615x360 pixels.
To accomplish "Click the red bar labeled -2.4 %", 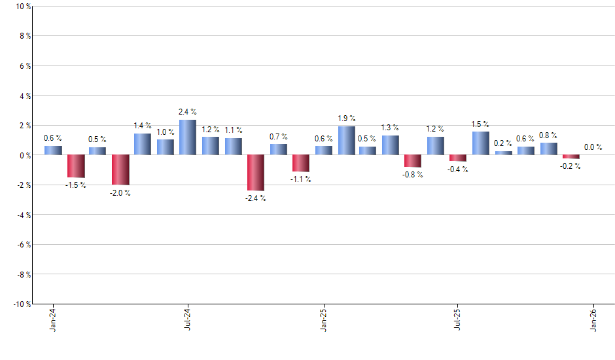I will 255,172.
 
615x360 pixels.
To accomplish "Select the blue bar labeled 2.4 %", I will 188,137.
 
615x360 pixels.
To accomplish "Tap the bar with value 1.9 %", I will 346,141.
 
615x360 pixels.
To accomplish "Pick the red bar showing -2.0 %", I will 120,170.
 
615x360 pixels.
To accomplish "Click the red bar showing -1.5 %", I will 75,166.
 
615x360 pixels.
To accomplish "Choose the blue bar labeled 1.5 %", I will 480,143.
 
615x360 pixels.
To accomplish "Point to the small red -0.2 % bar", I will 571,157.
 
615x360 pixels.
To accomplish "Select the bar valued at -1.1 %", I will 300,163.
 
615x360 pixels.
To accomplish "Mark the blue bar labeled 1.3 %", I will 391,145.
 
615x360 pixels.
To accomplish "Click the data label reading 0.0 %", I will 593,147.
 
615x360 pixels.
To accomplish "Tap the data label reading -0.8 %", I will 413,175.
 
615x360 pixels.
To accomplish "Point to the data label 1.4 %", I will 143,125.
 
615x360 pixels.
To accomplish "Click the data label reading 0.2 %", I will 503,143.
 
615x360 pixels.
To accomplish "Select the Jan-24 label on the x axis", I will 53,320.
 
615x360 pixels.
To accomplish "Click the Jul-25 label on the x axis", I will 457,320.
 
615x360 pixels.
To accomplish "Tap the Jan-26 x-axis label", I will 593,320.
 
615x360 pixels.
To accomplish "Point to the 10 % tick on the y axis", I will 23,7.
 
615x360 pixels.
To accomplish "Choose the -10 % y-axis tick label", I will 22,304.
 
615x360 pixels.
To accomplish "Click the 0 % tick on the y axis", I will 24,155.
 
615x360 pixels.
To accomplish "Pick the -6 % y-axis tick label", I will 23,245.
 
